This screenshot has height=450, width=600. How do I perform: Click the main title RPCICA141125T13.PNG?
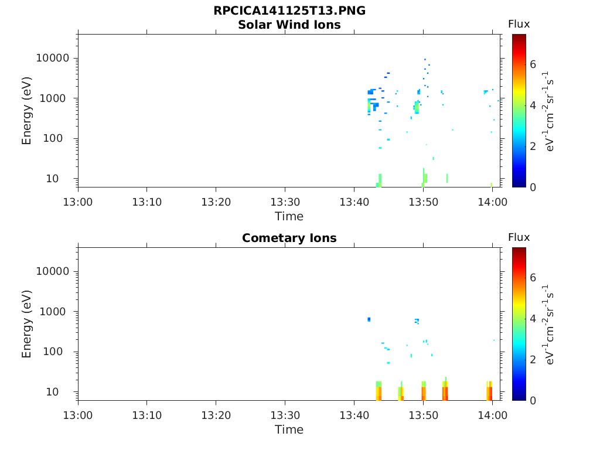pyautogui.click(x=289, y=11)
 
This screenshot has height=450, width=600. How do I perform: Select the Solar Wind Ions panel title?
pyautogui.click(x=289, y=25)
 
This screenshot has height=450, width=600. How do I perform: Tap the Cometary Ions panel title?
pyautogui.click(x=289, y=238)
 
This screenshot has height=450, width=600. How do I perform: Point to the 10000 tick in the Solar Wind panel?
pyautogui.click(x=53, y=59)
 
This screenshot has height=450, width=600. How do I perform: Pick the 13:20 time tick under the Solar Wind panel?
pyautogui.click(x=216, y=202)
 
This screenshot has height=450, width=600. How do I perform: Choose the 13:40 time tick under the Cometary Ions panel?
pyautogui.click(x=354, y=415)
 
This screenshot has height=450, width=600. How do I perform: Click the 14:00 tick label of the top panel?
pyautogui.click(x=492, y=202)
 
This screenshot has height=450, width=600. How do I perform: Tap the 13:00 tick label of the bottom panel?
pyautogui.click(x=78, y=415)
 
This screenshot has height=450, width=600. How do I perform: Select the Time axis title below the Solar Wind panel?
pyautogui.click(x=289, y=216)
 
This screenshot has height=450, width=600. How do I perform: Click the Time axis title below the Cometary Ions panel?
pyautogui.click(x=289, y=429)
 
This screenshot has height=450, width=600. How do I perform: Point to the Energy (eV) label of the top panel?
pyautogui.click(x=27, y=110)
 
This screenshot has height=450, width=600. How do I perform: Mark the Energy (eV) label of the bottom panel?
pyautogui.click(x=27, y=323)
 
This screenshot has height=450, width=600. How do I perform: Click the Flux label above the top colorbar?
pyautogui.click(x=519, y=24)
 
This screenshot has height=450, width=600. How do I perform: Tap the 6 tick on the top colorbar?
pyautogui.click(x=533, y=64)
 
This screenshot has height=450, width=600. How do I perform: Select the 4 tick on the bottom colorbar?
pyautogui.click(x=533, y=319)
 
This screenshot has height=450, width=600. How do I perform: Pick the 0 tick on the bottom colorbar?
pyautogui.click(x=533, y=400)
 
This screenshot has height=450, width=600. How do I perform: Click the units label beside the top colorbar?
pyautogui.click(x=550, y=111)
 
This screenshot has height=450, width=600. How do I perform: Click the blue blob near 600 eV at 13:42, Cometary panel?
pyautogui.click(x=369, y=319)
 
